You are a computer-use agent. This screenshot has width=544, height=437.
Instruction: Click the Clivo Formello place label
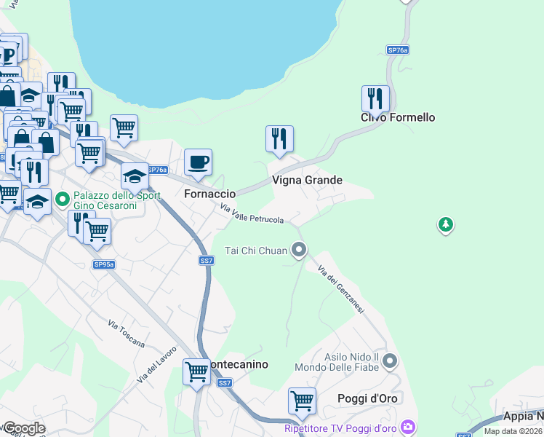(398, 117)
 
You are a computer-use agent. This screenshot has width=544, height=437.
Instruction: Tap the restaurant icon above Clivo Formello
(375, 98)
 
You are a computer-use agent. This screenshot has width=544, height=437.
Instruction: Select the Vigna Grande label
(307, 180)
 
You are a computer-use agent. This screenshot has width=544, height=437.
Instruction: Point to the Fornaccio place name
(209, 194)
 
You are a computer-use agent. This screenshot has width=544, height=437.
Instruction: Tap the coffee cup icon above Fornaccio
(198, 162)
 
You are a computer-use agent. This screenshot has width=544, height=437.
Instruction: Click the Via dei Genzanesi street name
(340, 288)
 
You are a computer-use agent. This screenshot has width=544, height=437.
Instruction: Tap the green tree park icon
(446, 225)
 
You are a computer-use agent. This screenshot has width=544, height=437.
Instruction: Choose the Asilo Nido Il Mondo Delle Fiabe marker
(391, 361)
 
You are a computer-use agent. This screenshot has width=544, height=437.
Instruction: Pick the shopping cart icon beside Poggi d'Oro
(302, 401)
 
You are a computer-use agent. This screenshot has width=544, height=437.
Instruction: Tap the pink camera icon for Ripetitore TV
(409, 426)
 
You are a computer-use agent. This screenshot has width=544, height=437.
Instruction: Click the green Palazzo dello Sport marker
(63, 198)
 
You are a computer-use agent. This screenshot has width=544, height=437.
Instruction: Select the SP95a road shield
(103, 264)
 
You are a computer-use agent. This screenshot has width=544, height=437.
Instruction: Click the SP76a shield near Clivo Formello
(397, 50)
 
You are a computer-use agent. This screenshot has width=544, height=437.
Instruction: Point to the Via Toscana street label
(126, 334)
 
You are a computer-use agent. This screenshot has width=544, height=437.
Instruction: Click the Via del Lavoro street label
(156, 364)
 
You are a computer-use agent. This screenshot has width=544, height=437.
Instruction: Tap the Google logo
(23, 428)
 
